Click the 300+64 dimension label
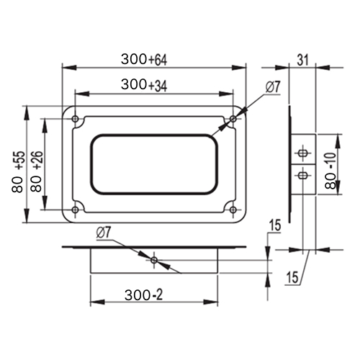tap(144, 59)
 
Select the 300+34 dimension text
tap(144, 85)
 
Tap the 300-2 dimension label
tap(144, 294)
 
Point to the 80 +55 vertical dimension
tap(18, 171)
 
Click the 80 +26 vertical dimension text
tap(37, 171)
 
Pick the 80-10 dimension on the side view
tap(331, 171)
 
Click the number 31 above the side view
tap(302, 60)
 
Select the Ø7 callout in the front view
tap(273, 87)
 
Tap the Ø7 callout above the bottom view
tap(104, 233)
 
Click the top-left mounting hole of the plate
tap(76, 119)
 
